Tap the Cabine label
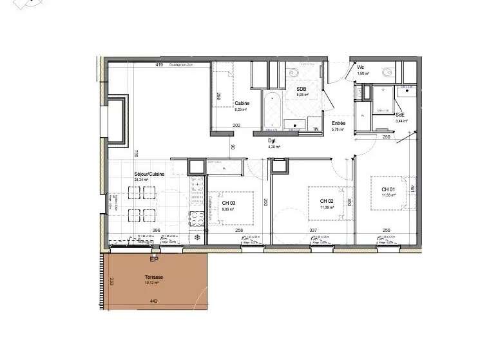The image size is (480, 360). coord(242,104)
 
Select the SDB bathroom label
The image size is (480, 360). coord(301,90)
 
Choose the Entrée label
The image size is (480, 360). coord(338,123)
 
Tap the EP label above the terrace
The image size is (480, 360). coord(153,260)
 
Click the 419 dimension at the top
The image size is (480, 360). coord(158,65)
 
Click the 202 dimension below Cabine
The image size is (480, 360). coord(236,126)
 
